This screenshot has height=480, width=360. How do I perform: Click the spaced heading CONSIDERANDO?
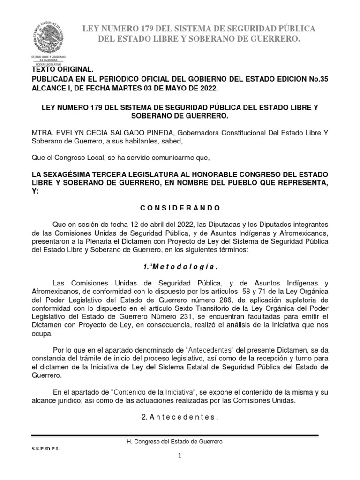pos(180,208)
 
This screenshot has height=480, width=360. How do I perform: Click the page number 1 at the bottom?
pos(180,457)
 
